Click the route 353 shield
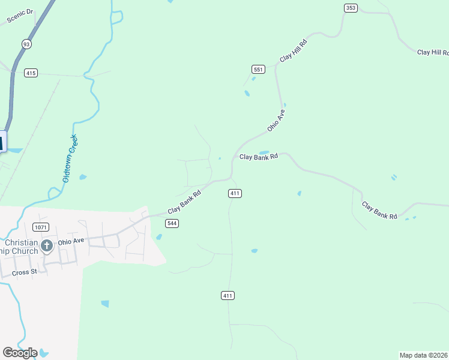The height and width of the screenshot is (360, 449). [x=351, y=7]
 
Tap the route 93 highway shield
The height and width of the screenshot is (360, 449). [x=26, y=44]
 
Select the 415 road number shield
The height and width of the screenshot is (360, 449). [x=31, y=73]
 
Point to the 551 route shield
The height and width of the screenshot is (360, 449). [x=258, y=70]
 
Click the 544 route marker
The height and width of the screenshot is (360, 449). [x=172, y=223]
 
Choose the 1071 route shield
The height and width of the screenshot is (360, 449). [x=41, y=227]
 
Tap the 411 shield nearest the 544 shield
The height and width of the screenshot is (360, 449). [x=235, y=193]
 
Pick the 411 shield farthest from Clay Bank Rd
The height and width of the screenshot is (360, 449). [x=228, y=296]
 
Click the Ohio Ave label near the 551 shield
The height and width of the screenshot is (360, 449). [x=276, y=120]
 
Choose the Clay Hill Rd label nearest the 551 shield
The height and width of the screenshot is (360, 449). [x=294, y=51]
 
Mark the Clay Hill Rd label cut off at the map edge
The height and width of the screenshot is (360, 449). [x=433, y=53]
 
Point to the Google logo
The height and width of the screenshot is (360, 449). [x=20, y=352]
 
